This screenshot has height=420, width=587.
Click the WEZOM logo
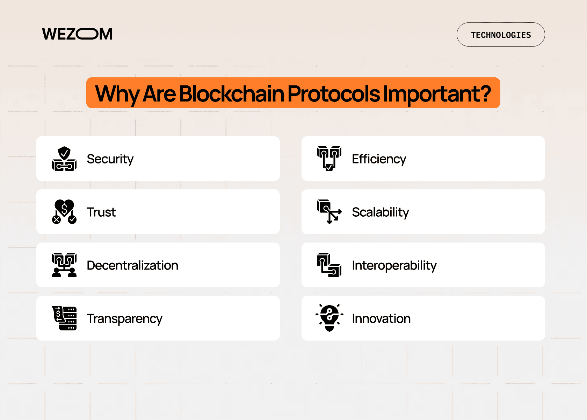[77, 34]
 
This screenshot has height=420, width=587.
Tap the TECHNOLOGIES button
[500, 35]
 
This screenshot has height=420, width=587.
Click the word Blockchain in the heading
[232, 94]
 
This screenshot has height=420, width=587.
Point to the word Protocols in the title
[333, 94]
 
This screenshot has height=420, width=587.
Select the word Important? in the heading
[437, 94]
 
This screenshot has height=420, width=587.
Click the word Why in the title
[117, 94]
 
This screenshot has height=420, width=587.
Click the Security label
[110, 159]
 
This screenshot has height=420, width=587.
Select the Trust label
[101, 212]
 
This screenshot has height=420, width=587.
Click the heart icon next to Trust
[64, 211]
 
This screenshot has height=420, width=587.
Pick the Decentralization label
[132, 265]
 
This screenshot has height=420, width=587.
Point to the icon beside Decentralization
[64, 265]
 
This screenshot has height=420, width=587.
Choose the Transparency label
[124, 318]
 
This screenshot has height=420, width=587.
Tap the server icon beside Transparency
[64, 318]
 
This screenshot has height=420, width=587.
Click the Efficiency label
[379, 159]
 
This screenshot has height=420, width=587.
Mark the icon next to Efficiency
[329, 159]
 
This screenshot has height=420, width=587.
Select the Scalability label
[380, 212]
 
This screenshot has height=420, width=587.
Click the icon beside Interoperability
[329, 265]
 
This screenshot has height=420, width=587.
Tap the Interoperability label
[394, 265]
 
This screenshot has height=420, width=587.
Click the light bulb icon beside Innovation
[329, 318]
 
